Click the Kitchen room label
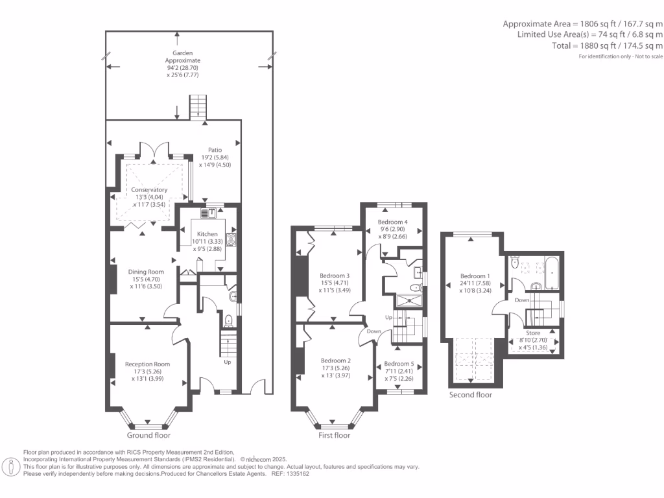[x=207, y=233]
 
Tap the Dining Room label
[x=146, y=272]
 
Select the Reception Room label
[x=147, y=364]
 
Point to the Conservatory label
[x=149, y=190]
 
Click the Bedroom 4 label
[x=392, y=222]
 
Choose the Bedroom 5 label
[x=399, y=364]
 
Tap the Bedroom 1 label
[x=475, y=276]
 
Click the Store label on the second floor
[x=533, y=333]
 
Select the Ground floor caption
[x=148, y=435]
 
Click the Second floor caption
[x=471, y=395]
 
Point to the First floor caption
[x=334, y=435]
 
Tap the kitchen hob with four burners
[x=231, y=240]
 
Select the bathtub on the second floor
[x=552, y=273]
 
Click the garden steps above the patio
[x=198, y=108]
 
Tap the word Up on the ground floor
[x=228, y=362]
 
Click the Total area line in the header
[x=607, y=46]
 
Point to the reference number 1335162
[x=298, y=474]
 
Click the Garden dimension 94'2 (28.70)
[x=182, y=67]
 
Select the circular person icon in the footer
[x=11, y=467]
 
